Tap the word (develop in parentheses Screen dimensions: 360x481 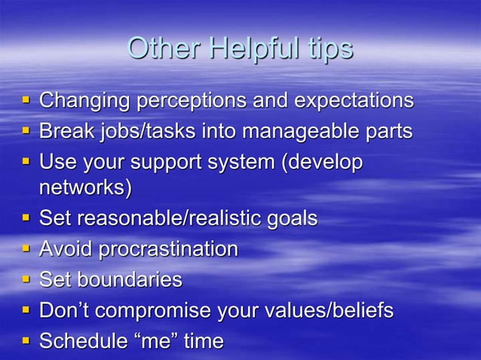pos(322,163)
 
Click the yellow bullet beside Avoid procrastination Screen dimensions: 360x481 pos(26,249)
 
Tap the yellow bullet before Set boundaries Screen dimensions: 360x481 pos(26,279)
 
